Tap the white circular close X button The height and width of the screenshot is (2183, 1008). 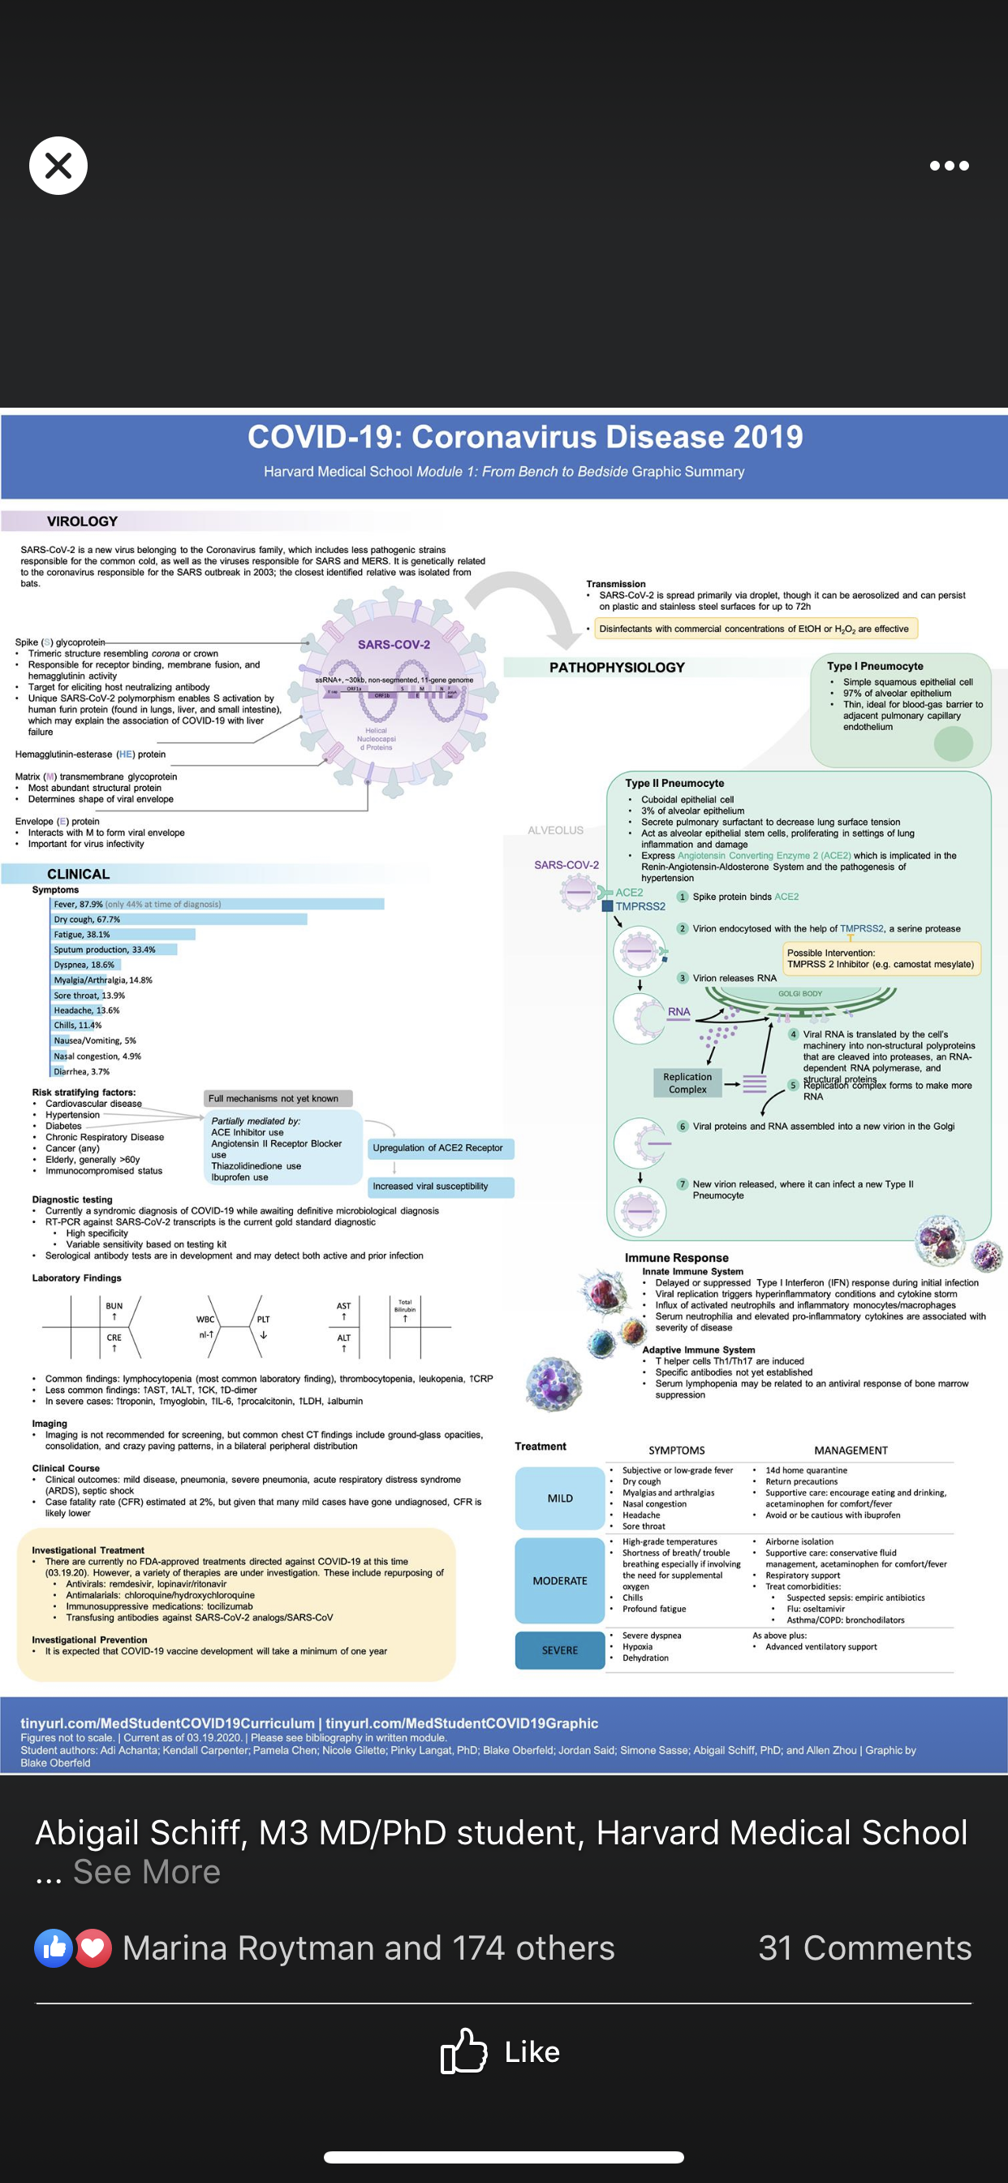click(58, 166)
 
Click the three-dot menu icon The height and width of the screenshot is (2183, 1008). click(949, 166)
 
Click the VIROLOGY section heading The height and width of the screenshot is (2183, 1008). click(82, 521)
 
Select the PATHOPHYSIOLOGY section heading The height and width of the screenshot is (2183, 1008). click(617, 668)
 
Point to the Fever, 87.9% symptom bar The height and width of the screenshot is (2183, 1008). click(218, 904)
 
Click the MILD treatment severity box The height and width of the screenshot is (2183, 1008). click(560, 1498)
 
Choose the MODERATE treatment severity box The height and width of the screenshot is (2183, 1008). click(560, 1580)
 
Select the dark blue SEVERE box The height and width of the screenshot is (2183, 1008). click(560, 1650)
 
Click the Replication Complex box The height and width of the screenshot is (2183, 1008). click(687, 1083)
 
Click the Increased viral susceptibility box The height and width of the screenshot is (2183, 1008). click(439, 1187)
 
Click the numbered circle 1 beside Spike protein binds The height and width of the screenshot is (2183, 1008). click(682, 897)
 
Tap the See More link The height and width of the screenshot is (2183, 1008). click(147, 1872)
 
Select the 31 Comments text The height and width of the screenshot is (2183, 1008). click(865, 1948)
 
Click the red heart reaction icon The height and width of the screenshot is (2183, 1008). click(94, 1948)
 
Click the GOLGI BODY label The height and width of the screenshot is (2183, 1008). click(799, 993)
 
